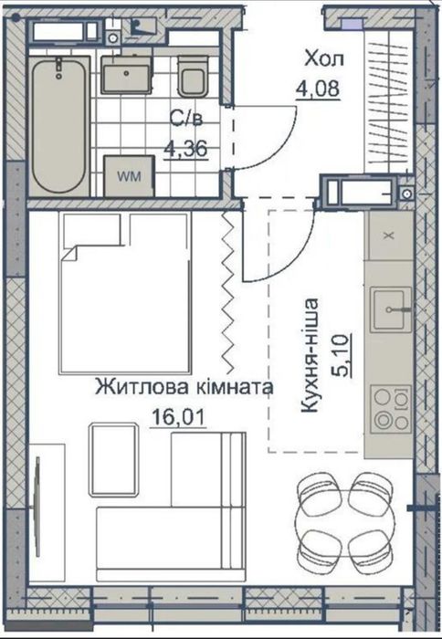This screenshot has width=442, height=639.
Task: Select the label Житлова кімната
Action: (184, 387)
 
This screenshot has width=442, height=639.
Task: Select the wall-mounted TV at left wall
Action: (36, 493)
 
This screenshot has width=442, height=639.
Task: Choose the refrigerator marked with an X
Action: (387, 235)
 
